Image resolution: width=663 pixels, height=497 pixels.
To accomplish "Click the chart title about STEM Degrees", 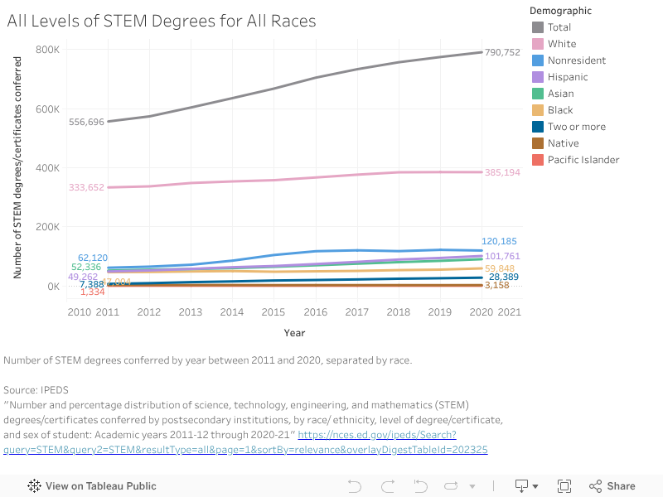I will click(162, 21).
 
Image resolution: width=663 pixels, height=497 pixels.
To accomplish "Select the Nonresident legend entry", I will click(576, 60).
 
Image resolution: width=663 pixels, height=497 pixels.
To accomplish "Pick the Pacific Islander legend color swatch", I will click(537, 160).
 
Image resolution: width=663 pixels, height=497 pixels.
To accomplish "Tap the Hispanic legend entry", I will click(568, 77).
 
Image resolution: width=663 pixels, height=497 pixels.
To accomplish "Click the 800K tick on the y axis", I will click(47, 50).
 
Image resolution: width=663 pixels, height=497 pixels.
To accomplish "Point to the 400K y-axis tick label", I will click(47, 168).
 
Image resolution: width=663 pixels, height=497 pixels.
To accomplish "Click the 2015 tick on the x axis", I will click(273, 312).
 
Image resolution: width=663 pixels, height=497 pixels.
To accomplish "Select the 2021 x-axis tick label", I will click(508, 312).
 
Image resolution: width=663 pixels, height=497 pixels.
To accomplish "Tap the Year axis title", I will click(294, 333).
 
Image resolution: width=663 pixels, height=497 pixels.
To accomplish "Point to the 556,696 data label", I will click(86, 122).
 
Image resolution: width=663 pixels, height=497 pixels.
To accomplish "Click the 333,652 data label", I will click(86, 187).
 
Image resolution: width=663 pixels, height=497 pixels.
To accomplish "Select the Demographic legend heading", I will click(561, 11).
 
